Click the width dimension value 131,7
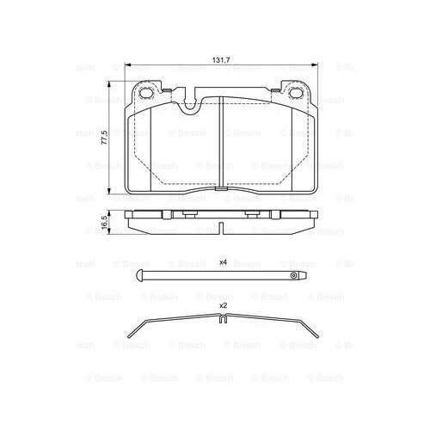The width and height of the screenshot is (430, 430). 221,60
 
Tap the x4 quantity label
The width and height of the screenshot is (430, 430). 222,261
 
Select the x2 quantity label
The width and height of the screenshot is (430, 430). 222,306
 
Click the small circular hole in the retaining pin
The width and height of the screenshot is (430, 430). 294,276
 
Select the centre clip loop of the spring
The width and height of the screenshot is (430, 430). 221,323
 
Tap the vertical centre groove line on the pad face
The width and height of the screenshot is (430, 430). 221,146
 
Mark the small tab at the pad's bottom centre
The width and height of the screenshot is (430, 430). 221,230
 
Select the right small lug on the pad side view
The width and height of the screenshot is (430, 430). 253,213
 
